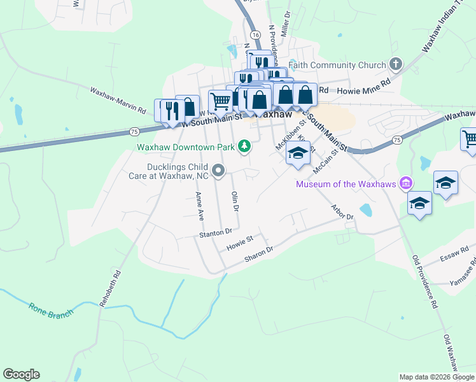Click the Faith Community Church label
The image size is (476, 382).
[337, 65]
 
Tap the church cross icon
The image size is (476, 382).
[396, 64]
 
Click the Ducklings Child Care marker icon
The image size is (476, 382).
[218, 170]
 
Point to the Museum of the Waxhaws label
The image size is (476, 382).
[346, 185]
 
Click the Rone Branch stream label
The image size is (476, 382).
[51, 309]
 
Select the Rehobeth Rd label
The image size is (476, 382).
[109, 290]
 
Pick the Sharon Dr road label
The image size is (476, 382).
[258, 254]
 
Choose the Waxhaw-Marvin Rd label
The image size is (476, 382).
[118, 101]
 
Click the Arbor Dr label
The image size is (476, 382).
[342, 212]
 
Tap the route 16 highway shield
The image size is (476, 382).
[255, 34]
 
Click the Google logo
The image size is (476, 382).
[21, 374]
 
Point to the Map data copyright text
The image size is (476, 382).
[437, 377]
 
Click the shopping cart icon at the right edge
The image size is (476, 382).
[469, 139]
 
